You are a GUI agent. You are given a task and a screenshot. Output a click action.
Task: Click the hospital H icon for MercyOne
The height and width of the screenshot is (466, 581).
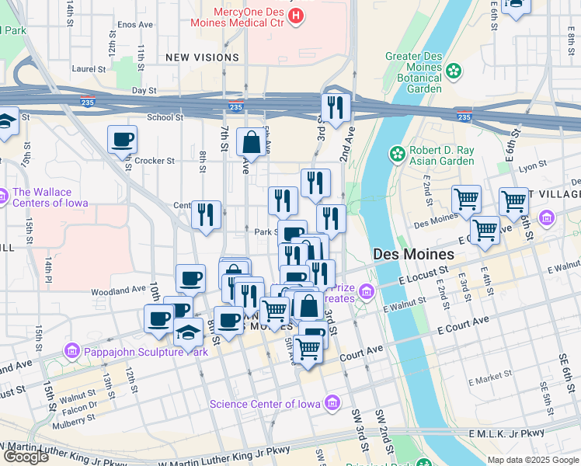295,15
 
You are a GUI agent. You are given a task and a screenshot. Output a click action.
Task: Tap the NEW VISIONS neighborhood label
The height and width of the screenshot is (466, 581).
203,57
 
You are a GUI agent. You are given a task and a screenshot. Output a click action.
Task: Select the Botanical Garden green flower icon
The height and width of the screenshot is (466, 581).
452,71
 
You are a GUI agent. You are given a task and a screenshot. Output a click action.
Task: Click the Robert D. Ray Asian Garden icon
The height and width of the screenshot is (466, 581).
398,154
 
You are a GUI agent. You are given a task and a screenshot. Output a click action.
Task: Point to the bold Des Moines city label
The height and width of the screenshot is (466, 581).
413,254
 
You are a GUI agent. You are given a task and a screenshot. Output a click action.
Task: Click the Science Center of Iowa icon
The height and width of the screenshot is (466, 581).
333,403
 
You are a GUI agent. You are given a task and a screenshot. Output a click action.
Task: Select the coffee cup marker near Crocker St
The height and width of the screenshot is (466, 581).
122,141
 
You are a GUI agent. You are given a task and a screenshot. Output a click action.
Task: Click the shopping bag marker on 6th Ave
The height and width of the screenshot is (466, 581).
252,143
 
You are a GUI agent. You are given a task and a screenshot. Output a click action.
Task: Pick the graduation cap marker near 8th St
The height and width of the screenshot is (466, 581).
187,333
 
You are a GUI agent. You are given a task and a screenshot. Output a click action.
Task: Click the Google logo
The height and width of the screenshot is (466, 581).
26,457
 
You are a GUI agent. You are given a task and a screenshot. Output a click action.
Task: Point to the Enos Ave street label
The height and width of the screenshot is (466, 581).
135,25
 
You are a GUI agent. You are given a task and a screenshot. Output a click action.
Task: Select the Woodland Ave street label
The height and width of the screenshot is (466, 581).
118,289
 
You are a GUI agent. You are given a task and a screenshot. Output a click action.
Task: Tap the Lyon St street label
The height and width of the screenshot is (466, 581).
533,166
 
